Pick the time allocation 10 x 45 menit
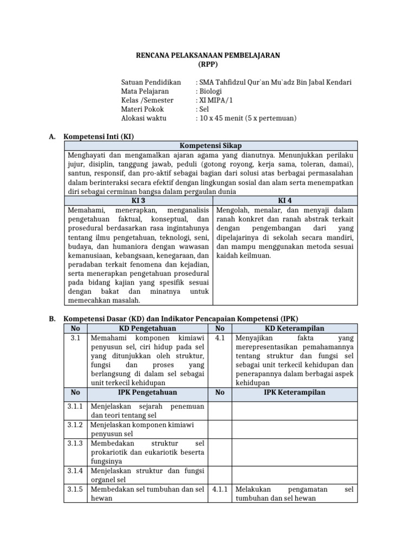[x=225, y=118]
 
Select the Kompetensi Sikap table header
[x=211, y=146]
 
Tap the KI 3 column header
[x=139, y=201]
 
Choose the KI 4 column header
[x=285, y=201]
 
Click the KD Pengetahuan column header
[x=147, y=328]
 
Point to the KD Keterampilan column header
[x=295, y=328]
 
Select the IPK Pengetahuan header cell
[x=147, y=392]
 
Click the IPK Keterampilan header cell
[x=295, y=392]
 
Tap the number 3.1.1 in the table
[x=75, y=406]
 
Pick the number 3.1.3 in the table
[x=75, y=443]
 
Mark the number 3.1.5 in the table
[x=75, y=489]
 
